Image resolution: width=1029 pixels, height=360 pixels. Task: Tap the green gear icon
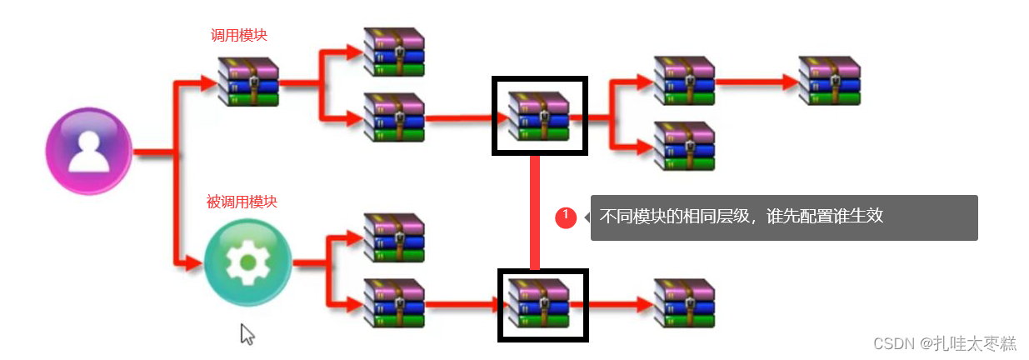tap(247, 262)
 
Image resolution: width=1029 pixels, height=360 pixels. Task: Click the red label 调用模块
tap(239, 36)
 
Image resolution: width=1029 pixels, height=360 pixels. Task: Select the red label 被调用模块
tap(242, 202)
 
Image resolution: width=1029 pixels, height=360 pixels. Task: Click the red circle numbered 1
tap(567, 217)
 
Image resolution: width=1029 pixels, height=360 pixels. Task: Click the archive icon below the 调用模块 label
tap(247, 82)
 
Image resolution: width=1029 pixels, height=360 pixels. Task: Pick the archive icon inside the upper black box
tap(539, 116)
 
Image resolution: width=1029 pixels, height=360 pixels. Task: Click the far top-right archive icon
tap(828, 81)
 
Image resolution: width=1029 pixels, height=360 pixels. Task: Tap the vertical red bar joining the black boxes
tap(535, 212)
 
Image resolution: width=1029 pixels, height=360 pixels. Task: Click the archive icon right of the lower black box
tap(684, 303)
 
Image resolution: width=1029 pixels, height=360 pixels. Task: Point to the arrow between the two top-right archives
tap(757, 82)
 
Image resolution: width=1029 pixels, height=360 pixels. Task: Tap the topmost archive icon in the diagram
tap(394, 52)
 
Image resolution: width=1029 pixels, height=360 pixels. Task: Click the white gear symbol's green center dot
tap(247, 262)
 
